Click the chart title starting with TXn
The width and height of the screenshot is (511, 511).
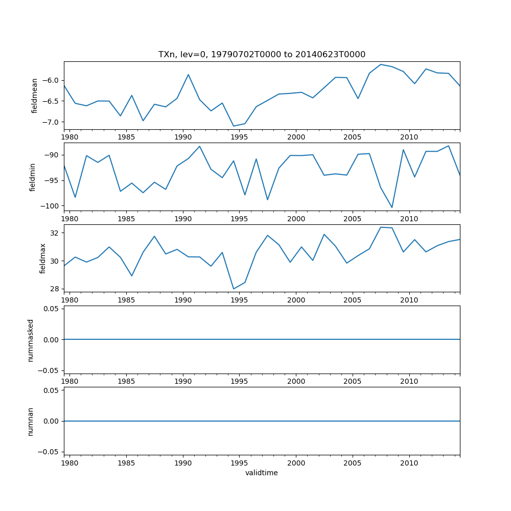pos(262,55)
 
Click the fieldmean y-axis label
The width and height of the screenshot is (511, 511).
pos(35,96)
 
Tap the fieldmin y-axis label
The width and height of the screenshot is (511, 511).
pos(33,177)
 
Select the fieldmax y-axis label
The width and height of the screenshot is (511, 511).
pos(43,258)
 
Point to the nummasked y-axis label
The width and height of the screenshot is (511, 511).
pos(31,340)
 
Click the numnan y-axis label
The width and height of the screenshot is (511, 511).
pos(31,422)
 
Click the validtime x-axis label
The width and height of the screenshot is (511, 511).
pos(262,473)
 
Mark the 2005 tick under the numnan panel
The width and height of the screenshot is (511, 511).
pos(353,463)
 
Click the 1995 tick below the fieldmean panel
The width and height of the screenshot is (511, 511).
pos(239,137)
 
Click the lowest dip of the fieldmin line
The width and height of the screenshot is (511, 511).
pos(392,207)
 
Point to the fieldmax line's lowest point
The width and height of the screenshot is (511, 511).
pos(234,289)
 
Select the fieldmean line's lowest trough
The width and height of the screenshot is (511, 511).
pos(234,126)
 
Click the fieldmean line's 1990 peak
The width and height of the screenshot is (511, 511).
pos(188,75)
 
